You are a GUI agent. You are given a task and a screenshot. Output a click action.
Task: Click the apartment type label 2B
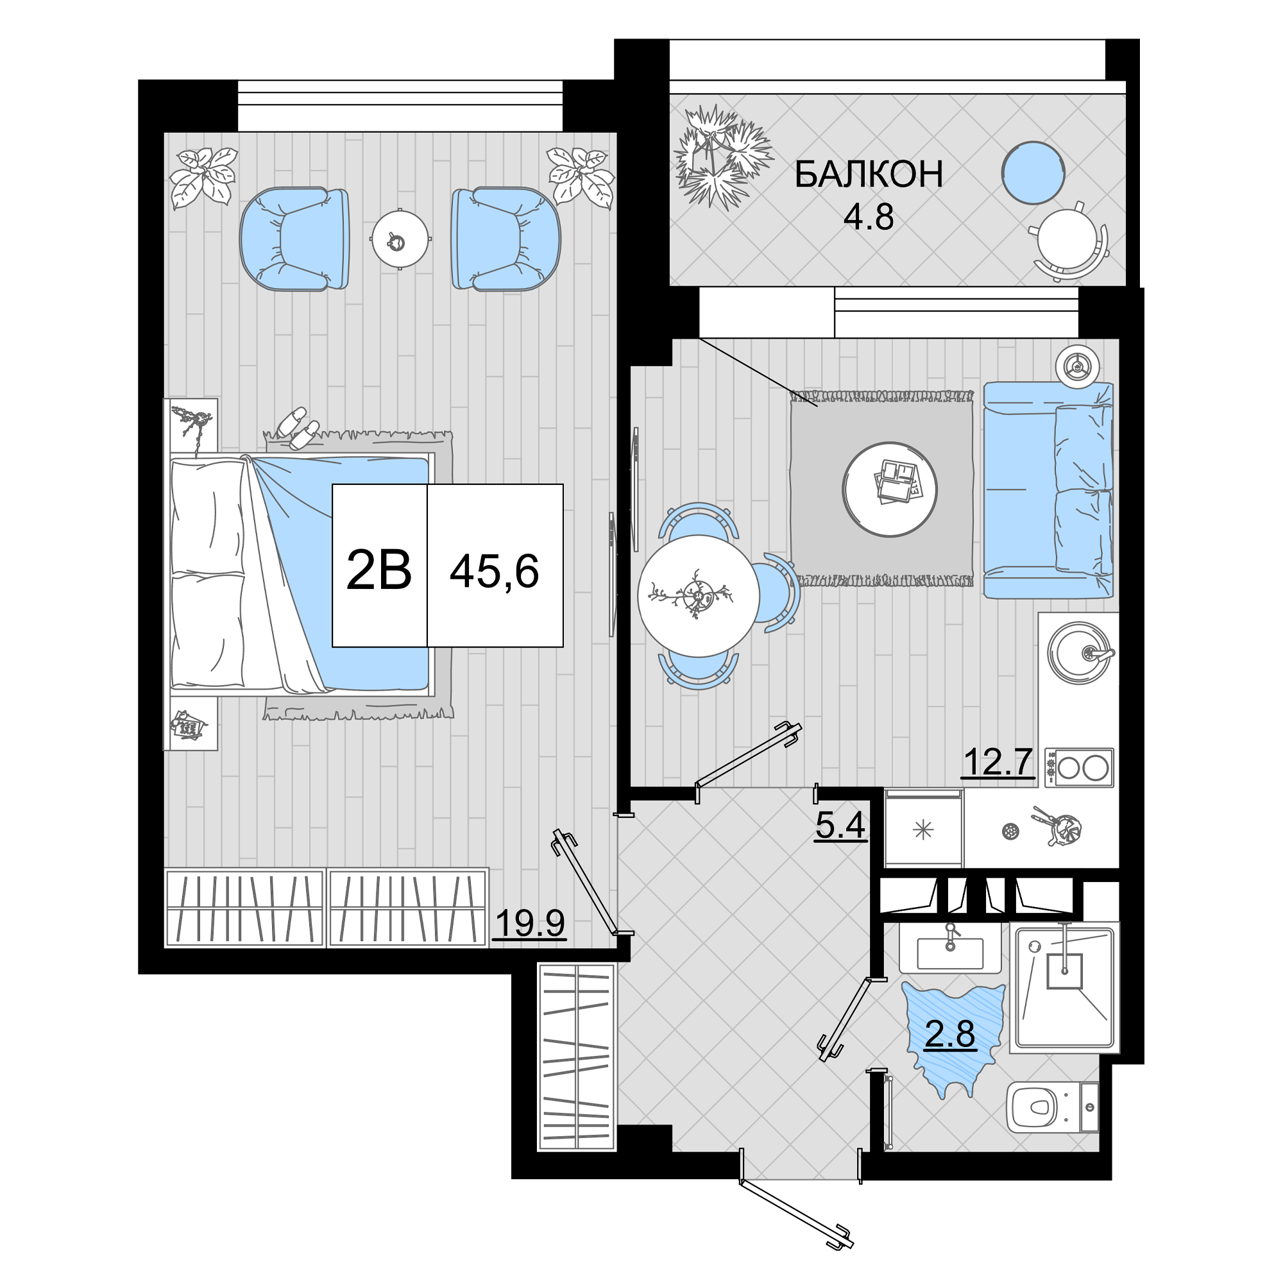379,570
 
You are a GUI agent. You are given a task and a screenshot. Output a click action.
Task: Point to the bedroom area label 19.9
529,922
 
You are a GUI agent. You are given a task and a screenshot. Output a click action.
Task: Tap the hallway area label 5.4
840,826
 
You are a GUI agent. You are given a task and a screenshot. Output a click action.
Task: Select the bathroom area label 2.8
949,1034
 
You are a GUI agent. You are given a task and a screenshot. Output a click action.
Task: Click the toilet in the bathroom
1053,1107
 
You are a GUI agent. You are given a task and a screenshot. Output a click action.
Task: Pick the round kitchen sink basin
1079,654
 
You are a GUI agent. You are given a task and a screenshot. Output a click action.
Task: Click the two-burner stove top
1079,768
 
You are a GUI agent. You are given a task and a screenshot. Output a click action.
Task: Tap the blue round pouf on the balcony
1033,173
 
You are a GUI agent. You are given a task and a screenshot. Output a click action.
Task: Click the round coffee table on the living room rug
890,489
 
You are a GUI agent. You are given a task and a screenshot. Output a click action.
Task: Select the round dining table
699,596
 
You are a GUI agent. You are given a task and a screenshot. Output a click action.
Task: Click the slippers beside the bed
298,428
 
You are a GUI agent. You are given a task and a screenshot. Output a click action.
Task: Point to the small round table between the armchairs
400,239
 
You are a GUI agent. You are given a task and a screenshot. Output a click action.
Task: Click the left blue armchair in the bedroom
294,239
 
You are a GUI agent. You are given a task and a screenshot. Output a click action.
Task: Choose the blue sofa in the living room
1049,490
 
